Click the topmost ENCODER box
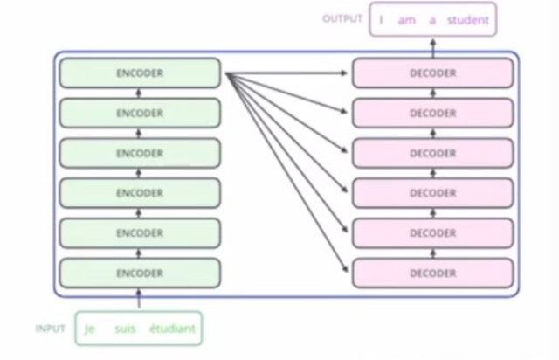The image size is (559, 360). pos(140,73)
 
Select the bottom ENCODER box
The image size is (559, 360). pos(140,273)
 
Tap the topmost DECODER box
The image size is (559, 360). pos(432,73)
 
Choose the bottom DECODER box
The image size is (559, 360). pos(432,273)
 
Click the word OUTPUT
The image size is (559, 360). pos(342,18)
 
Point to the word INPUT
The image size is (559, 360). pos(51,329)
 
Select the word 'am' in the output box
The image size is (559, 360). pos(406,18)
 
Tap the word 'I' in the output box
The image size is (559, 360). pos(382,18)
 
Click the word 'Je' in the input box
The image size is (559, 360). pos(90,329)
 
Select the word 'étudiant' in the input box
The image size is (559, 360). pos(173,329)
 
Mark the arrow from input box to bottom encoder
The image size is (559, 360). pos(139,300)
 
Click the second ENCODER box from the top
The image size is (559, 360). pos(140,114)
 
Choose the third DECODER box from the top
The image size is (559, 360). pos(432,154)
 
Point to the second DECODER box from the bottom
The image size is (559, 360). pos(432,233)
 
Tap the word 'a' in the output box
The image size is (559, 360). pos(431,18)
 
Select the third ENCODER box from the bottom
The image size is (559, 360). pos(140,193)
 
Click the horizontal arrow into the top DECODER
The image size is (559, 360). pos(288,73)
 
